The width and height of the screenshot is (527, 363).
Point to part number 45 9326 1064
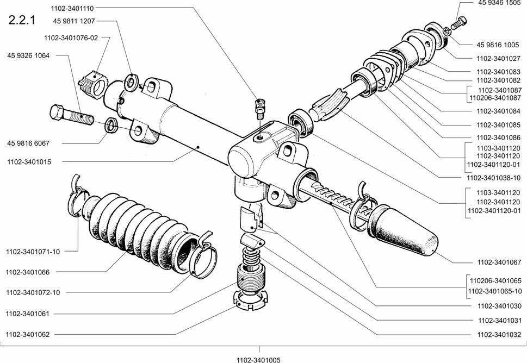28,55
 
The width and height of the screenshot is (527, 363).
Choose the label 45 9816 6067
28,143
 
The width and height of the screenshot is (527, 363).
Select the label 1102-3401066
28,272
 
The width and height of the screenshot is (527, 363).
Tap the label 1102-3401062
28,334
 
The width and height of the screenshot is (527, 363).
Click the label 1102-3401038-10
493,178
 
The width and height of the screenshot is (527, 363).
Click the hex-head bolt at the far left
71,115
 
